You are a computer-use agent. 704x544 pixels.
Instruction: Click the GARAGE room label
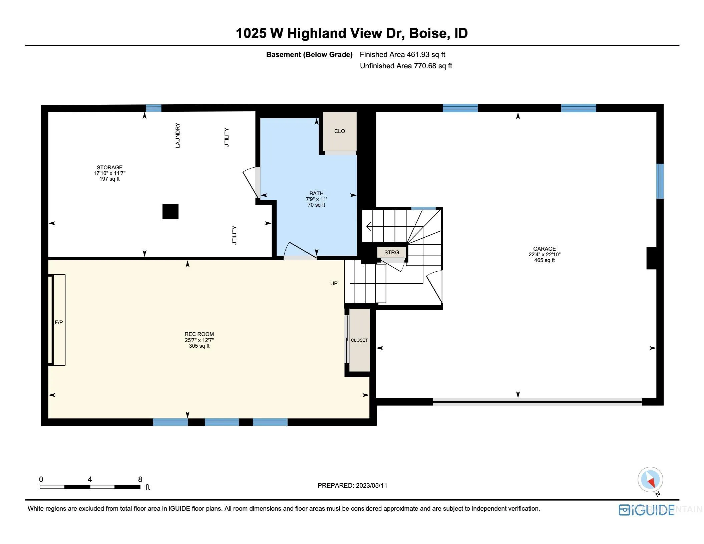[x=544, y=249]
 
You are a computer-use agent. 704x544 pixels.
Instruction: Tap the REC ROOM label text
[x=199, y=334]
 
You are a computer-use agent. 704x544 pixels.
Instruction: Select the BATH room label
[x=316, y=193]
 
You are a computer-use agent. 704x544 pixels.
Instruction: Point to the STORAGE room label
[x=109, y=167]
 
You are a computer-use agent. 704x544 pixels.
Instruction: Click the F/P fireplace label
[x=59, y=322]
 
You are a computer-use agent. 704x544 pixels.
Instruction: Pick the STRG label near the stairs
[x=391, y=252]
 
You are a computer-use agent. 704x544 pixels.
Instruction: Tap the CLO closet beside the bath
[x=340, y=131]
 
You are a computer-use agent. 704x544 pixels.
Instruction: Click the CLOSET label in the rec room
[x=359, y=340]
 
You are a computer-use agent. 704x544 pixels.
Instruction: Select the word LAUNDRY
[x=178, y=135]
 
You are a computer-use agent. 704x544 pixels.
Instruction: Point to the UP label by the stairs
[x=334, y=283]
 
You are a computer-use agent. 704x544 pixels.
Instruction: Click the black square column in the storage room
[x=170, y=211]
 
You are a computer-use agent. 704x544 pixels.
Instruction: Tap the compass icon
[x=650, y=480]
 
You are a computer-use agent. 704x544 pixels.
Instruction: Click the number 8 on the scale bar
[x=140, y=479]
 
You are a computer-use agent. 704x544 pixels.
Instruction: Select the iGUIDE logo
[x=646, y=510]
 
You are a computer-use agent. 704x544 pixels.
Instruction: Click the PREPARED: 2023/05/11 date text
[x=352, y=485]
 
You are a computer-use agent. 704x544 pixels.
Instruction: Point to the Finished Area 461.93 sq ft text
[x=402, y=54]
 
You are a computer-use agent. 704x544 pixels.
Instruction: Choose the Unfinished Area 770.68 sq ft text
[x=406, y=66]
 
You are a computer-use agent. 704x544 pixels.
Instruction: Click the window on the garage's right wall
[x=660, y=181]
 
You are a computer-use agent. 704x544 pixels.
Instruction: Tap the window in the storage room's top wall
[x=153, y=108]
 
